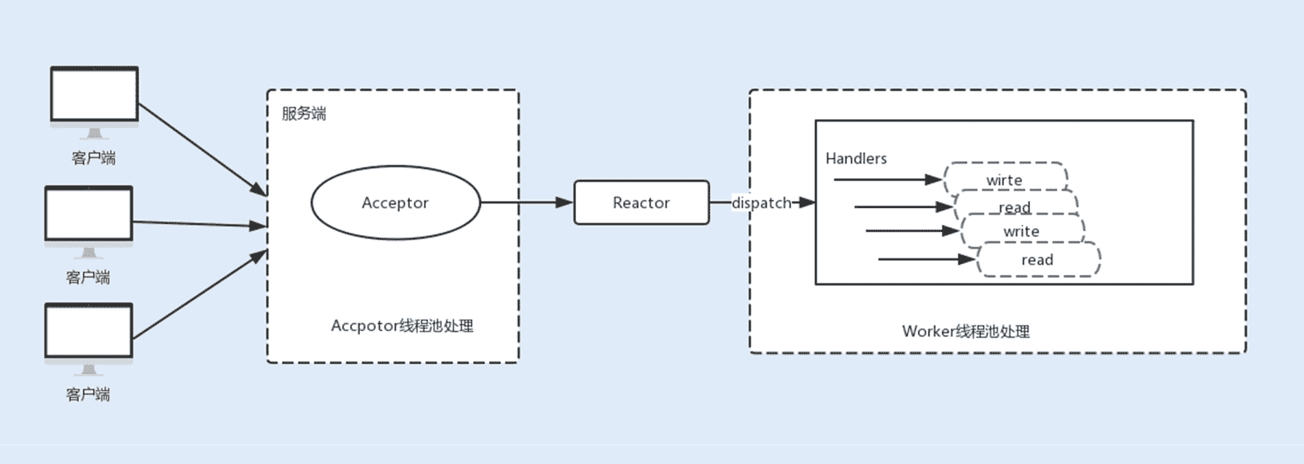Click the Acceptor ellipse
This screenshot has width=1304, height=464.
click(395, 203)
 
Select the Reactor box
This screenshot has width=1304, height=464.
click(641, 203)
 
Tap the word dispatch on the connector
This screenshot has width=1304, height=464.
click(761, 203)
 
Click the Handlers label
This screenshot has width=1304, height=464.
click(856, 158)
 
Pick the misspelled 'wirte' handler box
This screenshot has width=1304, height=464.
click(1004, 179)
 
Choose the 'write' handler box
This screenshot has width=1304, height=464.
click(1021, 231)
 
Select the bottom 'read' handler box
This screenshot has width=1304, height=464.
click(1037, 260)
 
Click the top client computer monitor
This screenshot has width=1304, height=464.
click(94, 95)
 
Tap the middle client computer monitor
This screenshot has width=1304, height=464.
click(88, 214)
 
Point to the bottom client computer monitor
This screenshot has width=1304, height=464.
click(88, 331)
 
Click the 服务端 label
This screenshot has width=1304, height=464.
click(304, 114)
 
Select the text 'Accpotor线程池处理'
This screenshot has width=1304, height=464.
click(402, 326)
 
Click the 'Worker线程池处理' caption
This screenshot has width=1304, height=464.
click(966, 331)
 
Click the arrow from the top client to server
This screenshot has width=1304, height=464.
click(202, 149)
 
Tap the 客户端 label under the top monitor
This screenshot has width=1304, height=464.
click(93, 158)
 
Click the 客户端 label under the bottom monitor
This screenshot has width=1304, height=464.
click(88, 394)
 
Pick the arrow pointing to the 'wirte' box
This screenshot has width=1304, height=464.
click(887, 179)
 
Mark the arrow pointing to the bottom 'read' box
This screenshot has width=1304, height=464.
click(927, 259)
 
